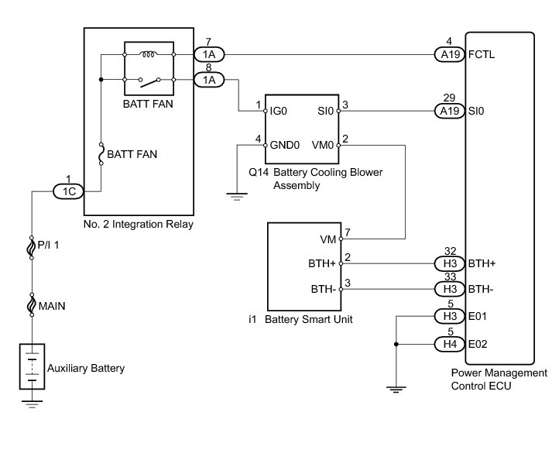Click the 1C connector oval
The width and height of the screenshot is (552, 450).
68,191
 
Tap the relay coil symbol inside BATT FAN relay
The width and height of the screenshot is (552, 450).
149,54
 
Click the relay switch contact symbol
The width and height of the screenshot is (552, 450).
149,82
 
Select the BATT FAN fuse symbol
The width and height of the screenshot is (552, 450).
101,154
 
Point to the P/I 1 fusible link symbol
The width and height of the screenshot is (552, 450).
32,248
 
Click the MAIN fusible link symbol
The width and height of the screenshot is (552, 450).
32,304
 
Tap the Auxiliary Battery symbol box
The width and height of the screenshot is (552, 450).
32,366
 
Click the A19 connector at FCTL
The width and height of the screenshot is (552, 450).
450,54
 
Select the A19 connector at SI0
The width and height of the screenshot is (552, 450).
450,112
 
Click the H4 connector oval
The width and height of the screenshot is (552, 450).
450,344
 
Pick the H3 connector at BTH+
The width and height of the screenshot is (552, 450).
450,263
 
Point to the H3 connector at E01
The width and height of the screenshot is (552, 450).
450,316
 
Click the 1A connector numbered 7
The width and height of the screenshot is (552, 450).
209,54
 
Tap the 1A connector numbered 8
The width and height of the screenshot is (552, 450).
209,80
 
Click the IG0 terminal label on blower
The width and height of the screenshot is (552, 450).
278,112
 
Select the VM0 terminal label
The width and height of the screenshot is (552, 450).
323,145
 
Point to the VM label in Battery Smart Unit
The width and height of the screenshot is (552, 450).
328,239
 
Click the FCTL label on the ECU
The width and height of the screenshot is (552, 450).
482,54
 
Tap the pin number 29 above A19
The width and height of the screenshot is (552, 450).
449,98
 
